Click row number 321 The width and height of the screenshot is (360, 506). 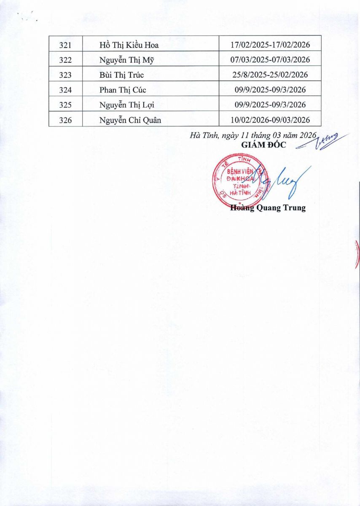click(65, 45)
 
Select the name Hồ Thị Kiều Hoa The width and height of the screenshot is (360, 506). click(129, 45)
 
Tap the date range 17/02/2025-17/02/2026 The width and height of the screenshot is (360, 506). click(270, 45)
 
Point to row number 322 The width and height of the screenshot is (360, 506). click(65, 60)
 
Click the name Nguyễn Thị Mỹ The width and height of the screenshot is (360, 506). click(127, 60)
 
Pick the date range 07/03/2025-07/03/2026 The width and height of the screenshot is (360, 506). click(270, 60)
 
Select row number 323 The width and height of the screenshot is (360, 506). click(65, 75)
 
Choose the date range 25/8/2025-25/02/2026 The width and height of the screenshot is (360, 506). click(270, 75)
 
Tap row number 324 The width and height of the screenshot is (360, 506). click(65, 90)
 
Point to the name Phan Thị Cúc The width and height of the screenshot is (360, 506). click(123, 90)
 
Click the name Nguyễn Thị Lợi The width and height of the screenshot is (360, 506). click(127, 105)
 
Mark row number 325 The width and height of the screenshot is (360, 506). click(65, 105)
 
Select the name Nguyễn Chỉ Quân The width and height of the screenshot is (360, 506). click(130, 120)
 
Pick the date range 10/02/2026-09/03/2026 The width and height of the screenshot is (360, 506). click(270, 120)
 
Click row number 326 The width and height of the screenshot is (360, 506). click(65, 120)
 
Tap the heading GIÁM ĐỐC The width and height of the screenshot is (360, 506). click(263, 145)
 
